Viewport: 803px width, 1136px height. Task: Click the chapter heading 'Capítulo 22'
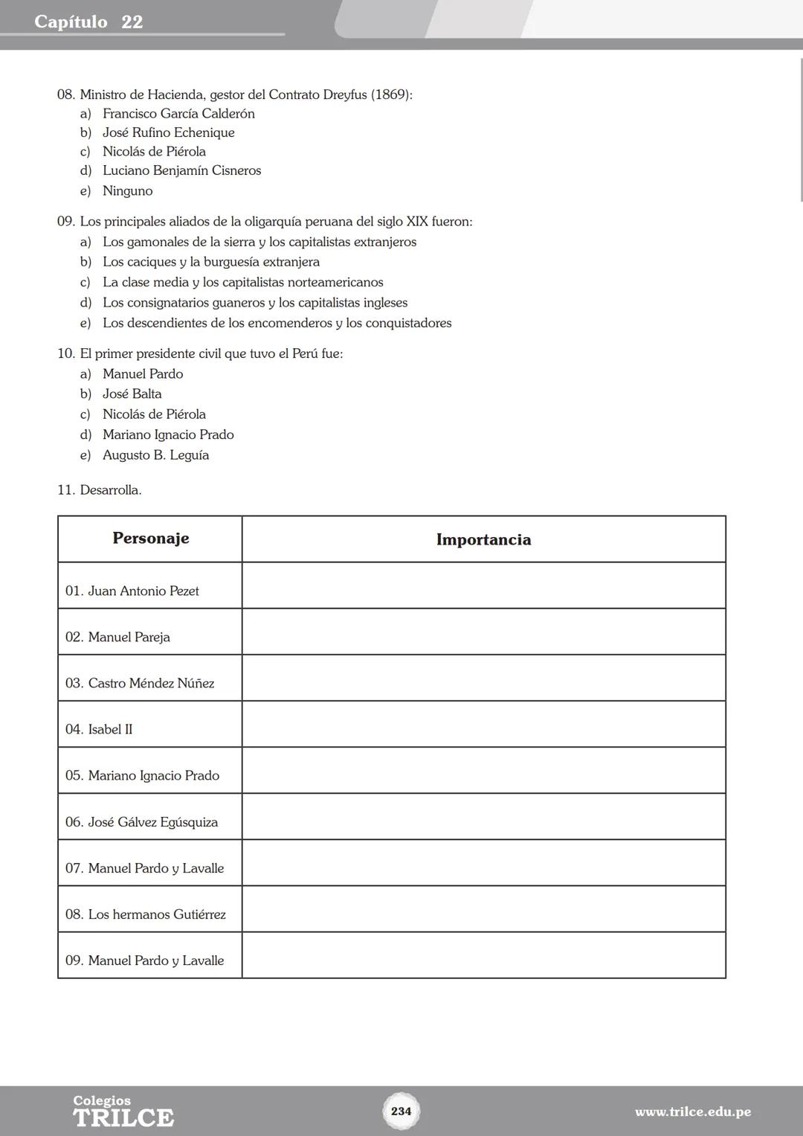coord(88,22)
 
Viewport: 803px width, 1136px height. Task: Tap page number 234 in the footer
coord(401,1111)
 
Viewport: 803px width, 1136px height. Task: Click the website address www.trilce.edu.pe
coord(692,1111)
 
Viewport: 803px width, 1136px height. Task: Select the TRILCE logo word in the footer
coord(123,1117)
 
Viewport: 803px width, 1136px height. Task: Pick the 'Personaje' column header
coord(150,539)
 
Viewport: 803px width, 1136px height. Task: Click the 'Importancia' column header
coord(483,539)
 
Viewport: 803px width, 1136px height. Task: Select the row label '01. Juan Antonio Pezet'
coord(132,591)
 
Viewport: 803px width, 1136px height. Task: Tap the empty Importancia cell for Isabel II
coord(483,725)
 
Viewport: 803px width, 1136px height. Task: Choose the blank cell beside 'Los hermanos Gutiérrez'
coord(483,909)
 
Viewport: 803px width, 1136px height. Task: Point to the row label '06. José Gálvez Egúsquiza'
coord(141,822)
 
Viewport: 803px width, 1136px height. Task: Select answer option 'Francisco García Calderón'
coord(178,114)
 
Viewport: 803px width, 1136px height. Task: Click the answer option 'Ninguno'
coord(128,190)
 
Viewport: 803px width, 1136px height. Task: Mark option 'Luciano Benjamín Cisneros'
coord(181,170)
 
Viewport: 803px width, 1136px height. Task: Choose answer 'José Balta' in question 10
coord(132,394)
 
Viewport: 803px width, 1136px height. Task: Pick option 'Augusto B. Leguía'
coord(155,455)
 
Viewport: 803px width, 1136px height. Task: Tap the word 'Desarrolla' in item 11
coord(110,490)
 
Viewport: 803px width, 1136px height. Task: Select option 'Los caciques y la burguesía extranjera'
coord(211,262)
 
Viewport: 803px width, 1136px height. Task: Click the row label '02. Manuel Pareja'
coord(117,637)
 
